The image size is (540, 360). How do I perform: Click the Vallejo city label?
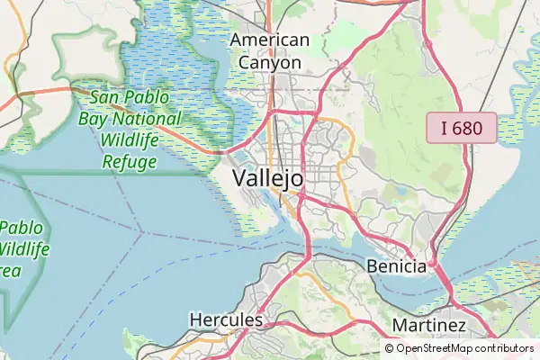[x=268, y=178]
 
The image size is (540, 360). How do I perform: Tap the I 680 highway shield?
[x=461, y=129]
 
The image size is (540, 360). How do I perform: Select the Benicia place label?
[x=397, y=266]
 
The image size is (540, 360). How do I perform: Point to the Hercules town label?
[x=226, y=319]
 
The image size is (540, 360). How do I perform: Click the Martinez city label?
[x=429, y=324]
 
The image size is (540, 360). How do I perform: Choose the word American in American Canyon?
[x=270, y=40]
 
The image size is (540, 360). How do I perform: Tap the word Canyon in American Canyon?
[x=270, y=63]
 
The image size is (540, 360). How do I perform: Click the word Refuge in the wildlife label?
[x=130, y=162]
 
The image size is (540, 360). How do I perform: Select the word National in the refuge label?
[x=148, y=118]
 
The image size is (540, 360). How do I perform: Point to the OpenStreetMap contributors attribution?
[x=459, y=348]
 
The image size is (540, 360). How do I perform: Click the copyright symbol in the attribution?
[x=390, y=348]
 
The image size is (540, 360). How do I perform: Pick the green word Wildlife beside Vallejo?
[x=130, y=140]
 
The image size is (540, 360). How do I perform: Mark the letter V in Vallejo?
[x=239, y=178]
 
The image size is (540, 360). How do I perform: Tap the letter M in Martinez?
[x=400, y=324]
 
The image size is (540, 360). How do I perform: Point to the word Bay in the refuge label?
[x=94, y=118]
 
